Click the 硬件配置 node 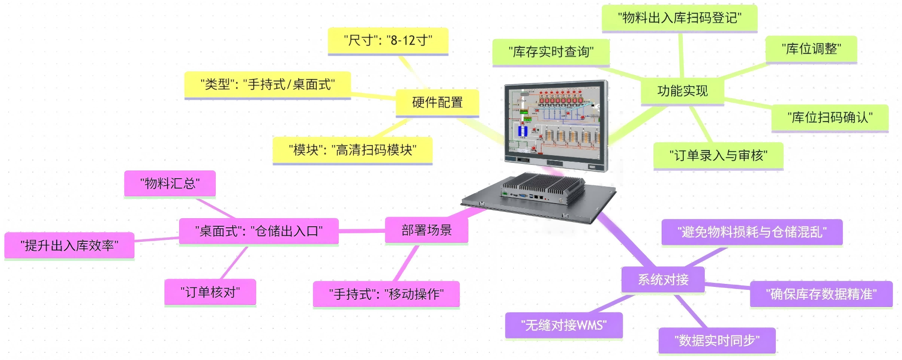point(437,103)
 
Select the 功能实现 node point(682,91)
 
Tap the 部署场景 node point(426,230)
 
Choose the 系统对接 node point(663,279)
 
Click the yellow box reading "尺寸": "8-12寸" point(388,41)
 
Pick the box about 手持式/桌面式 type point(267,84)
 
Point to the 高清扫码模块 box point(352,150)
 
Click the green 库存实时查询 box point(551,52)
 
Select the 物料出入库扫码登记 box point(679,18)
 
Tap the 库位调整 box point(811,49)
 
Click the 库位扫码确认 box point(829,118)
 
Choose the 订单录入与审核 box point(718,156)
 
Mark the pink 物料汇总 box point(170,183)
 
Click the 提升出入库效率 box point(69,245)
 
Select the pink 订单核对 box point(210,292)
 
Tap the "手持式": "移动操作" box point(386,294)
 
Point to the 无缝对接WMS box point(564,325)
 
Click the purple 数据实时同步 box point(717,340)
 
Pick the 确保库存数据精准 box point(821,294)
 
